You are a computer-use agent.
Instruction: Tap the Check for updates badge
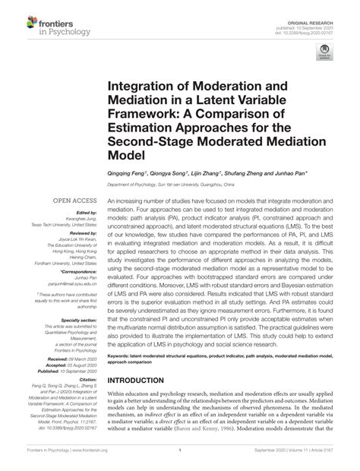[325, 51]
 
